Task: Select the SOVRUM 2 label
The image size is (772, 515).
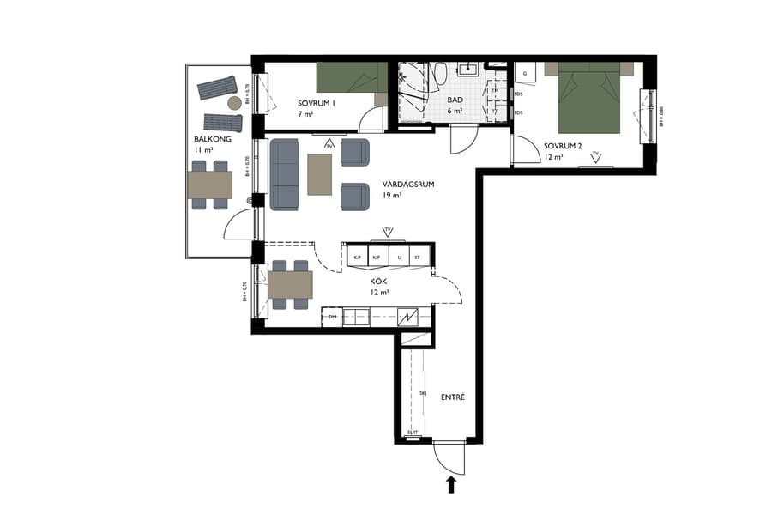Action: coord(563,146)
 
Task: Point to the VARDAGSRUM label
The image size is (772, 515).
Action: coord(407,184)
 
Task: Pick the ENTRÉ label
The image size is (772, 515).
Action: coord(452,397)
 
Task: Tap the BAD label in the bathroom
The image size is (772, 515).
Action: coord(455,100)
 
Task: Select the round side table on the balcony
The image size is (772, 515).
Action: coord(234,103)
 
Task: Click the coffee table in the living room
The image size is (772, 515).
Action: coord(320,174)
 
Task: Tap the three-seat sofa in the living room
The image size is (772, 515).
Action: coord(284,175)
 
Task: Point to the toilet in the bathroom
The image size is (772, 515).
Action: coord(439,76)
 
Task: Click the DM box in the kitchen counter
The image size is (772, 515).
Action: coord(333,318)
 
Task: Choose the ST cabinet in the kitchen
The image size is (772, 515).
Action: coord(418,257)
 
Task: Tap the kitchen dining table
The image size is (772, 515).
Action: coord(290,285)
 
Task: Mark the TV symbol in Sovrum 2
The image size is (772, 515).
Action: coord(595,156)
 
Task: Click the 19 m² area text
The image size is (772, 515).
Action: coord(391,196)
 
